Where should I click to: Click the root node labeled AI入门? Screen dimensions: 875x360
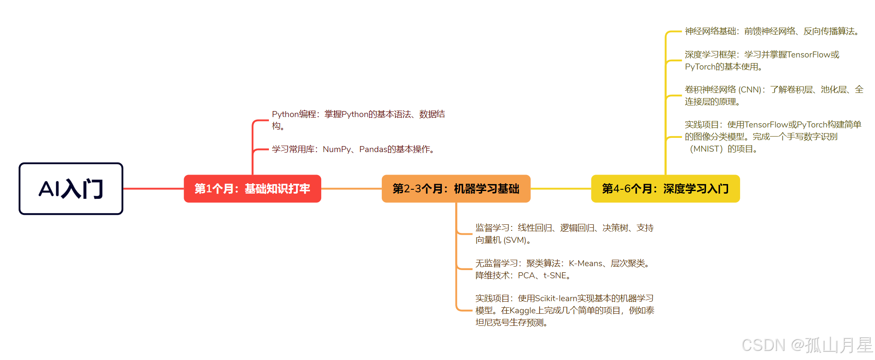[71, 189]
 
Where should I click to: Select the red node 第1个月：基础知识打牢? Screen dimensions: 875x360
[252, 189]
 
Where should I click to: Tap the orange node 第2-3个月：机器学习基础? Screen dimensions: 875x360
[456, 189]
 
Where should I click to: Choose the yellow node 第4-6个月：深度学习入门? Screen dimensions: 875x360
[665, 189]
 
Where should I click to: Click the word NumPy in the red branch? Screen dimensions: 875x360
[337, 150]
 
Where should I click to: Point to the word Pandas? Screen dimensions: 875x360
[373, 150]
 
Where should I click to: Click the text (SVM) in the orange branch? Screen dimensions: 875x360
[515, 240]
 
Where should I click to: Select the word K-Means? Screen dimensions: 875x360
[585, 264]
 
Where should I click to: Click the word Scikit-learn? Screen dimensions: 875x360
[556, 299]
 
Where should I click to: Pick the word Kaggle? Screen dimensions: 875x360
[523, 311]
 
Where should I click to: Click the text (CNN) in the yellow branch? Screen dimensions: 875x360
[750, 90]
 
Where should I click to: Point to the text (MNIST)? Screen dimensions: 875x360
[706, 149]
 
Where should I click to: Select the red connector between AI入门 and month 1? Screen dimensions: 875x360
[153, 189]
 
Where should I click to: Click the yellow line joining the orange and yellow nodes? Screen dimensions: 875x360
[561, 189]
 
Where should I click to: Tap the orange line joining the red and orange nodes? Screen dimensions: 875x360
[351, 189]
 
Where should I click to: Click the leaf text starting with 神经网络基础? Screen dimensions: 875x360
[772, 32]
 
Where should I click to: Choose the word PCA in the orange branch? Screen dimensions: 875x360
[527, 276]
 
